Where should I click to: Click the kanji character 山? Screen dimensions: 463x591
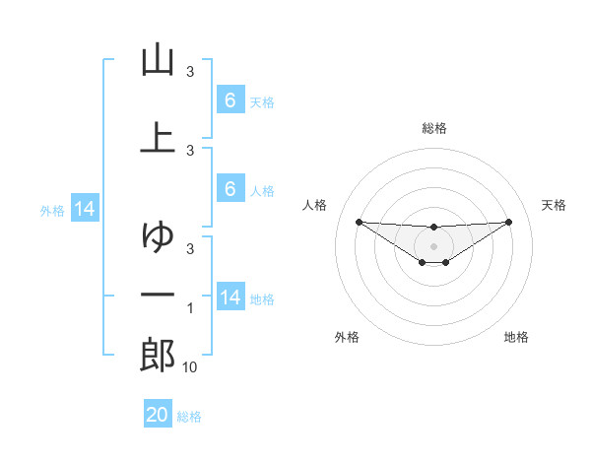tap(158, 61)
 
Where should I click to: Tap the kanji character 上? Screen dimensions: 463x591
tap(158, 137)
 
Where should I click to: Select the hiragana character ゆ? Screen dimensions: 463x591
tap(158, 237)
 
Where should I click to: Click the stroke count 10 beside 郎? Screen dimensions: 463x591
tap(190, 367)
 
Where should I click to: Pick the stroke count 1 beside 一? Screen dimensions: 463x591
tap(190, 309)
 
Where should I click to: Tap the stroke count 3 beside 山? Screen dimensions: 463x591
tap(190, 72)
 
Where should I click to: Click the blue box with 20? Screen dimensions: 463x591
tap(158, 415)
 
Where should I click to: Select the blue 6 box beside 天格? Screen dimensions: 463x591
tap(230, 99)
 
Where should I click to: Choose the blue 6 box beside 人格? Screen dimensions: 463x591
tap(230, 190)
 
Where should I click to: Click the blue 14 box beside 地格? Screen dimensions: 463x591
tap(230, 298)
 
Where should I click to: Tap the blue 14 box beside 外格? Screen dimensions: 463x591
tap(85, 209)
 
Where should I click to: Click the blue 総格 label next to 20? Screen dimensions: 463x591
tap(189, 417)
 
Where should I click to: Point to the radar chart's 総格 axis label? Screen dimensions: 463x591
tap(433, 128)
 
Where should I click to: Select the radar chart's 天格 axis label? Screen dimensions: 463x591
tap(555, 205)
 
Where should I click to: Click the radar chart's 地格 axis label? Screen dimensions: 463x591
tap(516, 337)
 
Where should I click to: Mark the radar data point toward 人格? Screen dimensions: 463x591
tap(359, 222)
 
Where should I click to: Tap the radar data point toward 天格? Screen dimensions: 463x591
tap(509, 222)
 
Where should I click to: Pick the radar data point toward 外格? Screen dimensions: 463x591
tap(422, 262)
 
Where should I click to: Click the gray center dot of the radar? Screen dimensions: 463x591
tap(433, 245)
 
